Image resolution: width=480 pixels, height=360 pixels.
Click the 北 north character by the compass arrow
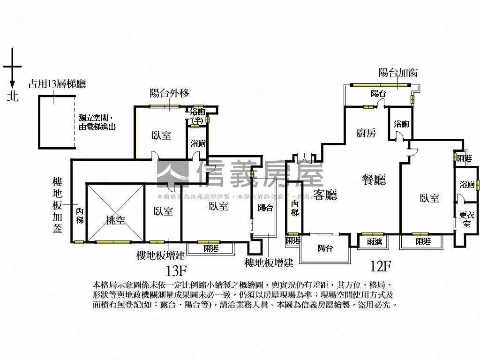coord(13,96)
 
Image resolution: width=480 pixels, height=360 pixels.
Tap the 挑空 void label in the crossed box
coord(115,220)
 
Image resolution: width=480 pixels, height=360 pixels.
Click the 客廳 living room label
coord(325,195)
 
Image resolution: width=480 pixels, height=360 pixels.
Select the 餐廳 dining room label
coord(374,180)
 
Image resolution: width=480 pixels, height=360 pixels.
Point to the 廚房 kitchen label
coord(366,134)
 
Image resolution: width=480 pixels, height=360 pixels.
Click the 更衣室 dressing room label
coord(466,219)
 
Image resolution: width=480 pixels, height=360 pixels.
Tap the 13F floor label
coord(176,270)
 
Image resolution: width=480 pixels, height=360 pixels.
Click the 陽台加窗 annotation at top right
coord(398,73)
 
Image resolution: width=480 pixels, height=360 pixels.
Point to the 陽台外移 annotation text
coord(169,93)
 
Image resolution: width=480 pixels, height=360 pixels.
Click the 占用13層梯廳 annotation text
coord(57,84)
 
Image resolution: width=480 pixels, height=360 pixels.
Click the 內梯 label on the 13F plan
coord(80,216)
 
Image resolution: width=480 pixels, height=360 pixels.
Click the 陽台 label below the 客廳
coord(325,248)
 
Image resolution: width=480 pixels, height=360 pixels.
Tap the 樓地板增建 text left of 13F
coord(160,256)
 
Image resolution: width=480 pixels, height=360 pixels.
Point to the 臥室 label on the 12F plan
coord(429,198)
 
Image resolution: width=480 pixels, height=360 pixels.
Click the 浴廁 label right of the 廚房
coord(401,124)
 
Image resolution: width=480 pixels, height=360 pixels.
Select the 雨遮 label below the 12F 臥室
coord(422,241)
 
